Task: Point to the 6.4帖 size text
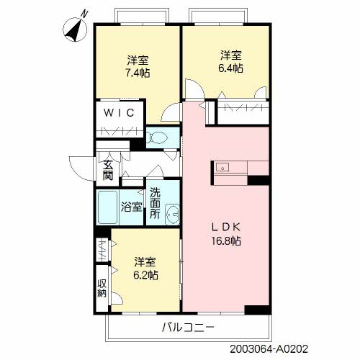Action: point(230,68)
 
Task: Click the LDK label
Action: point(226,226)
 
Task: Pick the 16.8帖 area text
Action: point(226,240)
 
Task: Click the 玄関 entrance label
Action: point(107,169)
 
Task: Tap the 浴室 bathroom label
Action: point(132,207)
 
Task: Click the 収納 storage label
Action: point(102,287)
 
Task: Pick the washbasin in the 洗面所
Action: point(173,213)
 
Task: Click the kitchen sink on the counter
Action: point(222,168)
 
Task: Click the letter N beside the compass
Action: point(86,13)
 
